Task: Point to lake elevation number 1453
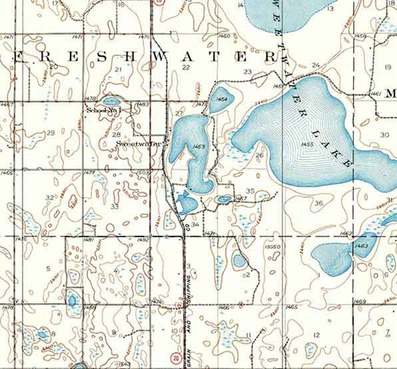198,146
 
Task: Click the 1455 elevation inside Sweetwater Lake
307,144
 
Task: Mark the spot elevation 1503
142,172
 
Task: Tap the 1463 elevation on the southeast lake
361,246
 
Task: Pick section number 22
186,67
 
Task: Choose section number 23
247,72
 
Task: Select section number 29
50,133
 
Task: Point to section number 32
49,197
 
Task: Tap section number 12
316,335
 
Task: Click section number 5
48,269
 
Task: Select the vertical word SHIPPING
189,289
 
